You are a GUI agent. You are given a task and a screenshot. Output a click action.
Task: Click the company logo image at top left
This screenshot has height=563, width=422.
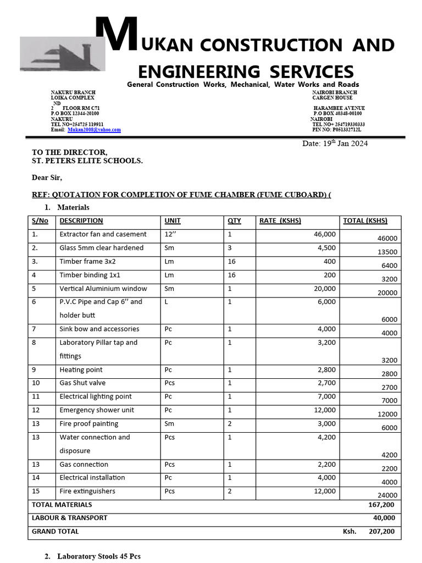60,53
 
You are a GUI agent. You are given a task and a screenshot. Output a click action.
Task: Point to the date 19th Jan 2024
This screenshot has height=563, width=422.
335,143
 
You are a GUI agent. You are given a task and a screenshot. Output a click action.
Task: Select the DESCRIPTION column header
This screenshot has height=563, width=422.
81,221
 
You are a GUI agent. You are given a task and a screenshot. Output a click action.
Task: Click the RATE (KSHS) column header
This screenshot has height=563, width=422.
280,221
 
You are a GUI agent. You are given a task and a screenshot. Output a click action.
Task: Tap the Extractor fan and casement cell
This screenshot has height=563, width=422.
103,234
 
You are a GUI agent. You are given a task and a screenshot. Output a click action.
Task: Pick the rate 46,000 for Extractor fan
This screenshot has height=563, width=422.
324,234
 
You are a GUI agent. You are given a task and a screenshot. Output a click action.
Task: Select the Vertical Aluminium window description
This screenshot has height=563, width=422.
103,289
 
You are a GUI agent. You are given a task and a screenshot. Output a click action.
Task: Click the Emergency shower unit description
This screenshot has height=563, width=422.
97,410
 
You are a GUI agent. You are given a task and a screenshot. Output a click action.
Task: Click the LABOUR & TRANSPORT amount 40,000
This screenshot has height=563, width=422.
384,518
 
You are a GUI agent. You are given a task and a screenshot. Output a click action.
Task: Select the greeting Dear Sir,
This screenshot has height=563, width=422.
47,178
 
